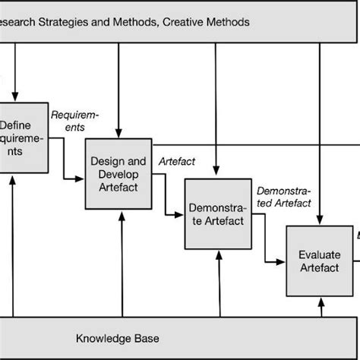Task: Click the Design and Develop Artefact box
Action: coord(118,173)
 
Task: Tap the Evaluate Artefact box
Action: coord(319,261)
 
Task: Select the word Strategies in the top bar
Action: coord(68,22)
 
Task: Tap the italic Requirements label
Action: coord(74,122)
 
